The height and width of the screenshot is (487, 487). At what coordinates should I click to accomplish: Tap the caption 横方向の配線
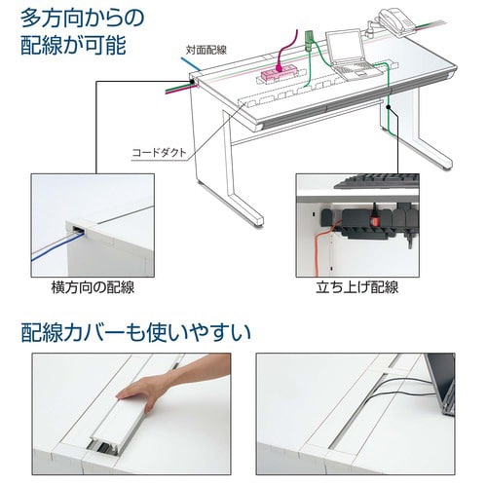[93, 288]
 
